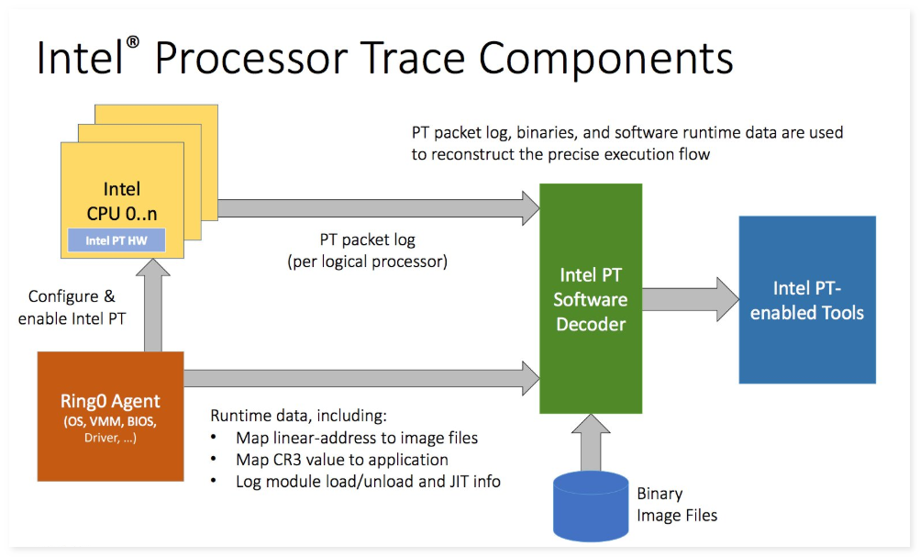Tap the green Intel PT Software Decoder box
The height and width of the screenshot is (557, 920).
click(x=591, y=299)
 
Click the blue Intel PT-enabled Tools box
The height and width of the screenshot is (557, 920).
click(x=807, y=299)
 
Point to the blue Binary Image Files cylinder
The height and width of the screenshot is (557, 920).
click(x=590, y=506)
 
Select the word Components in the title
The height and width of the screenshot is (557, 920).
click(x=606, y=58)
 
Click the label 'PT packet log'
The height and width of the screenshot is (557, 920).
click(x=367, y=240)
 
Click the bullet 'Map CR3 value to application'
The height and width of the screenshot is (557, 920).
click(x=341, y=460)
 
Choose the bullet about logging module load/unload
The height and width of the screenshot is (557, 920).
click(x=367, y=481)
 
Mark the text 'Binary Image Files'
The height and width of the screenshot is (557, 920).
click(x=676, y=504)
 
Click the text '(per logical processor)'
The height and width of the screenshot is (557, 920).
click(x=367, y=261)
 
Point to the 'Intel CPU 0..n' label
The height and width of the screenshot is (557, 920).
click(x=121, y=202)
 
